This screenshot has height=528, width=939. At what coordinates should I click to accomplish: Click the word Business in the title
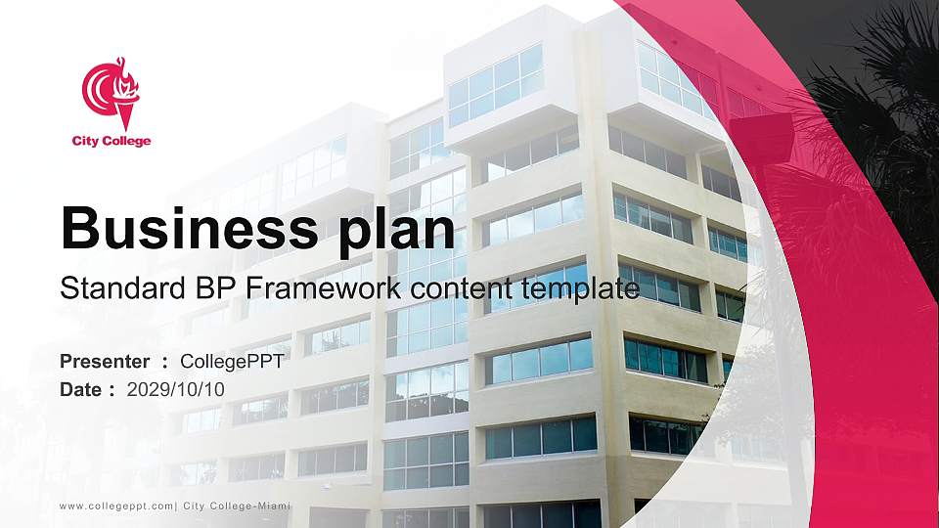click(x=189, y=228)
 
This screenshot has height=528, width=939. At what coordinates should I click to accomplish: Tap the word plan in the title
click(x=396, y=232)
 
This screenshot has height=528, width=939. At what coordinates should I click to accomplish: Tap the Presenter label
click(x=105, y=362)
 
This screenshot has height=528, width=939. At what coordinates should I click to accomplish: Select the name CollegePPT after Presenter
click(x=233, y=362)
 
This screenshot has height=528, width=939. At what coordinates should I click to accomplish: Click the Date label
click(x=80, y=390)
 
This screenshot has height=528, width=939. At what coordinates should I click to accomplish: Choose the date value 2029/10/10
click(x=175, y=390)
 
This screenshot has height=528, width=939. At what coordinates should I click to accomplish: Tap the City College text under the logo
click(x=112, y=141)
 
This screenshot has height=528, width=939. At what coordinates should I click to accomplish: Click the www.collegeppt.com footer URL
click(x=116, y=506)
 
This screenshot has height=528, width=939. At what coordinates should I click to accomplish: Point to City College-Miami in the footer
click(x=237, y=506)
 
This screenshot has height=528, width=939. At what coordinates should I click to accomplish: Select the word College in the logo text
click(x=126, y=142)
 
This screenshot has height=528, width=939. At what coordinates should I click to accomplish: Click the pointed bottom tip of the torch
click(x=126, y=129)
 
